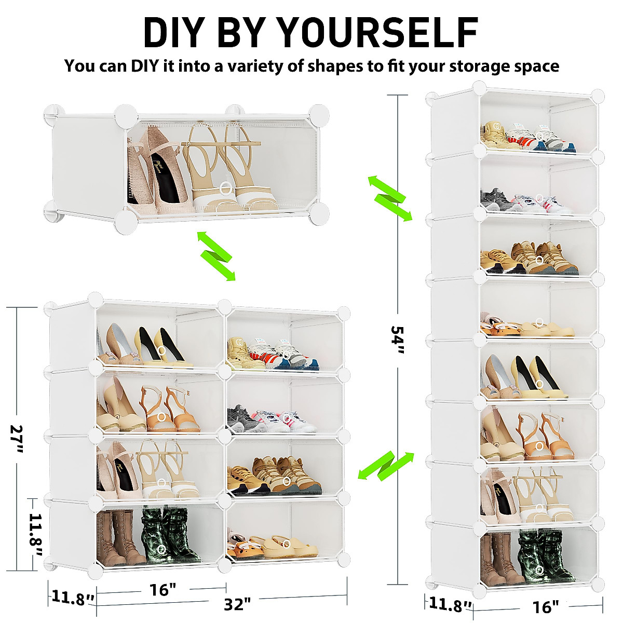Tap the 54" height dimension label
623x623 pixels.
click(x=398, y=340)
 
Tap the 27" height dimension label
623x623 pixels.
click(x=17, y=438)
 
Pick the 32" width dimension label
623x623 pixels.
click(x=237, y=604)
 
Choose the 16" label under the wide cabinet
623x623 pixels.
click(x=162, y=590)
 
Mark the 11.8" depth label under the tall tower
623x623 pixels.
click(x=450, y=604)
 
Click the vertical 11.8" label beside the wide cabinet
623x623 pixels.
click(x=35, y=534)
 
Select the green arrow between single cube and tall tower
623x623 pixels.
click(x=390, y=198)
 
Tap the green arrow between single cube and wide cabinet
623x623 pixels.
click(x=216, y=256)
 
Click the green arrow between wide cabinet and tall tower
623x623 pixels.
click(x=386, y=465)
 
